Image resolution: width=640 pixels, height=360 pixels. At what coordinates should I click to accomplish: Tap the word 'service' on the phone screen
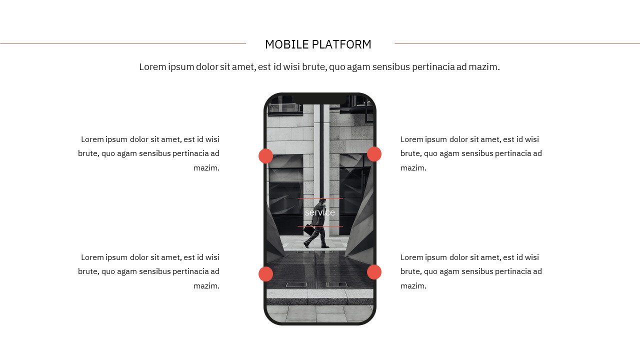click(x=320, y=212)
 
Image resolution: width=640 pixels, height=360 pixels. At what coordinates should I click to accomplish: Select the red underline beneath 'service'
click(x=320, y=226)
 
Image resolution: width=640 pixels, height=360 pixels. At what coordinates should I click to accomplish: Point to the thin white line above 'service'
click(x=320, y=198)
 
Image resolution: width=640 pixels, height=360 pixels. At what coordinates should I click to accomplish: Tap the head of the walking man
click(x=323, y=201)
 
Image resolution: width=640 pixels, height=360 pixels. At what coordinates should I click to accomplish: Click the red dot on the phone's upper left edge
click(x=265, y=156)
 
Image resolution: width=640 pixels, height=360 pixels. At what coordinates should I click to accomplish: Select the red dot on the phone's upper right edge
click(x=374, y=154)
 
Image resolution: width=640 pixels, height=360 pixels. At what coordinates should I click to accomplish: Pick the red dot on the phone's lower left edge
click(x=265, y=274)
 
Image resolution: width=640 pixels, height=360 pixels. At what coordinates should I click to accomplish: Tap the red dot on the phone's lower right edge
click(x=374, y=272)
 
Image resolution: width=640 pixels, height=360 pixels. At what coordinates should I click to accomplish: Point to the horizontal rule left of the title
click(x=122, y=44)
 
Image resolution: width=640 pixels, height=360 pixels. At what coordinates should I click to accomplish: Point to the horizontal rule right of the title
click(x=517, y=44)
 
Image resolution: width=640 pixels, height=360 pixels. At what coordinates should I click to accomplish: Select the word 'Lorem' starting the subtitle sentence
click(x=152, y=67)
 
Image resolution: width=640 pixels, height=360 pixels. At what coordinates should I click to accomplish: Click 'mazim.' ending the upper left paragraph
click(x=206, y=168)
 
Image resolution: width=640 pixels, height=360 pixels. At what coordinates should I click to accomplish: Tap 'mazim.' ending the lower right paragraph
click(x=413, y=286)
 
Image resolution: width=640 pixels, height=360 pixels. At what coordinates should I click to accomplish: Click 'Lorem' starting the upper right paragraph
click(x=411, y=139)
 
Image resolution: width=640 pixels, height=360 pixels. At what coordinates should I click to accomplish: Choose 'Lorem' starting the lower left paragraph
click(x=92, y=257)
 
